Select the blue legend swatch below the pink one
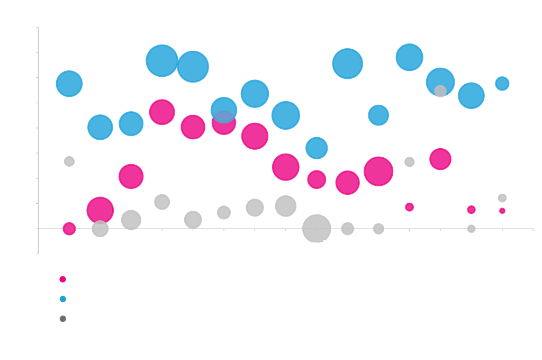(66, 305)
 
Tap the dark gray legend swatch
(66, 319)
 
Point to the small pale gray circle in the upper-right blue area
(440, 91)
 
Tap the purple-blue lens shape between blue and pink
(223, 116)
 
